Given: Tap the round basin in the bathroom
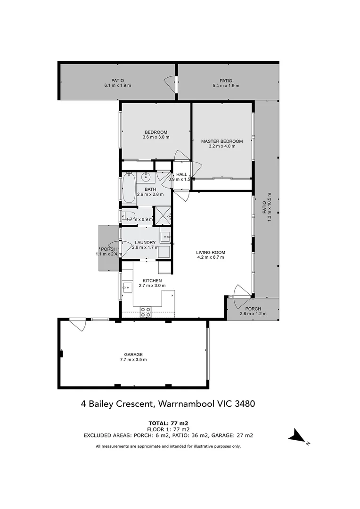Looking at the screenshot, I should click(146, 178).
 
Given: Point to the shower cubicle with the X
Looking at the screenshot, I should click(163, 214).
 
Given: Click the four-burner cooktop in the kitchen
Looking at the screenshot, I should click(146, 312).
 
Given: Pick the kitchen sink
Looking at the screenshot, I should click(126, 287).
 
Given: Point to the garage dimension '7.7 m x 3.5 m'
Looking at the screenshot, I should click(133, 360).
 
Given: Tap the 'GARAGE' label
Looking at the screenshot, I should click(133, 354).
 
